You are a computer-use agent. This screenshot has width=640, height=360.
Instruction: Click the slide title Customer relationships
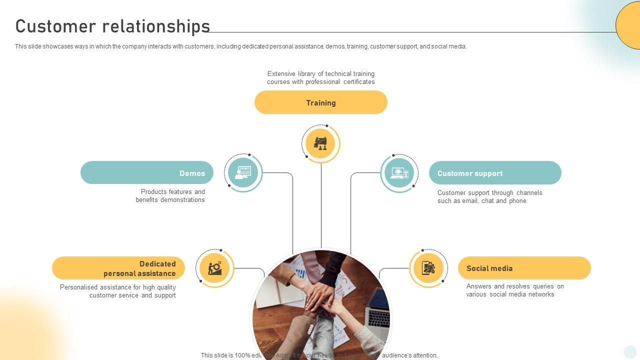[112, 26]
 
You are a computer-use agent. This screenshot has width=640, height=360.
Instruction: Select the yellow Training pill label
[320, 102]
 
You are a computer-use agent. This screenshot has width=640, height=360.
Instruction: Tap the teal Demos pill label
[146, 173]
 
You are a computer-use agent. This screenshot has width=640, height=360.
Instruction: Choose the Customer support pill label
[495, 173]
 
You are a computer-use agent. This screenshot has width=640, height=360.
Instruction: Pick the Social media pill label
[524, 268]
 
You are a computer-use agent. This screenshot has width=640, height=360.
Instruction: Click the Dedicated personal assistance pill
[118, 268]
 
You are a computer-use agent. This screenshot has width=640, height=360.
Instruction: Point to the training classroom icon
[320, 143]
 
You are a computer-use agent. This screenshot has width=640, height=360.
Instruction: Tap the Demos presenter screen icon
[243, 173]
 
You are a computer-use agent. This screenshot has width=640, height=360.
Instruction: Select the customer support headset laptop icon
[399, 173]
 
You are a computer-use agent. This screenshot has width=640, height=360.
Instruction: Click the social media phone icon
[428, 268]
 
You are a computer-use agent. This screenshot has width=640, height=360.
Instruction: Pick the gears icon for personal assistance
[215, 268]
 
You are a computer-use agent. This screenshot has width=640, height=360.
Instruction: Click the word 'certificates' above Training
[359, 82]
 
